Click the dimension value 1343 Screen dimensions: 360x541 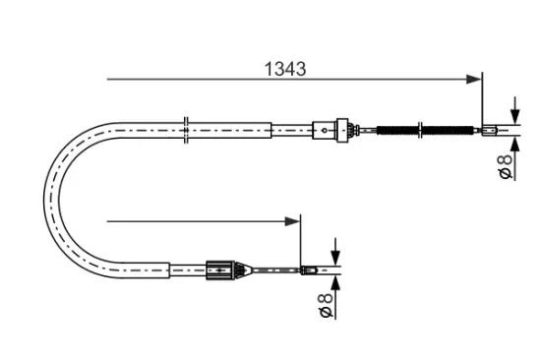285,69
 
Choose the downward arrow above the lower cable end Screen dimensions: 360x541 336,253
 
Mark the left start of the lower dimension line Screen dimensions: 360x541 108,220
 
